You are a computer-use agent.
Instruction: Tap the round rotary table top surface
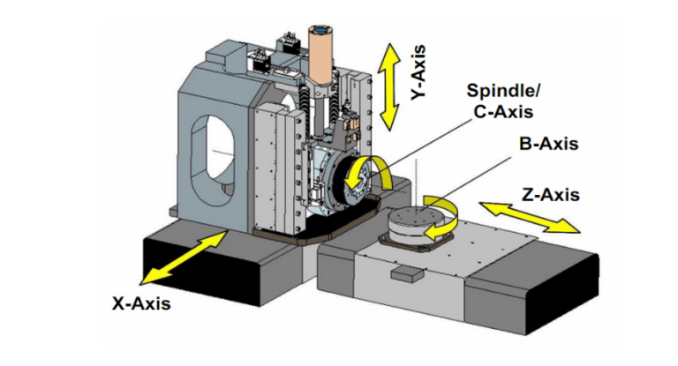pyautogui.click(x=414, y=216)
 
